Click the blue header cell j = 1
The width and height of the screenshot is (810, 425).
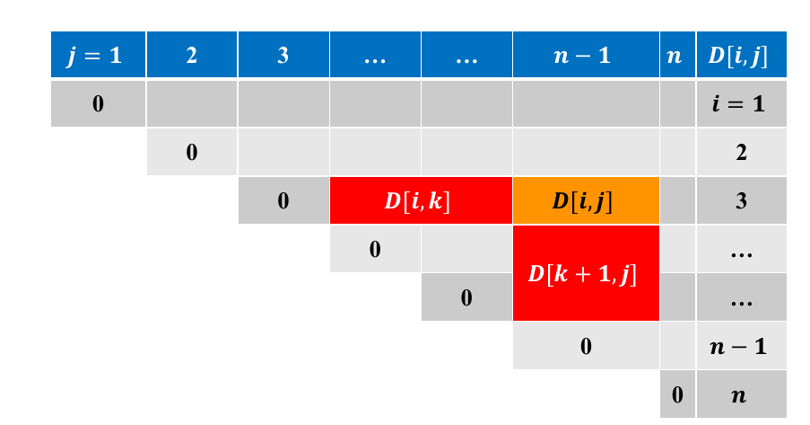98,54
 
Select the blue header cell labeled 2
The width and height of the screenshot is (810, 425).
192,54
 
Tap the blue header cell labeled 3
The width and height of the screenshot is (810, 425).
283,54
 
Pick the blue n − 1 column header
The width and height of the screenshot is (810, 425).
586,54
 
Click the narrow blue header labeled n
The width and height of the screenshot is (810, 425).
677,54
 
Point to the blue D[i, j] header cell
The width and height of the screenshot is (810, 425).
741,54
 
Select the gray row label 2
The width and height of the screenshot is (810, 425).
741,152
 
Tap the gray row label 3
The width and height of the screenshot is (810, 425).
741,200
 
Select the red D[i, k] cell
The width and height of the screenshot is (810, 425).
421,200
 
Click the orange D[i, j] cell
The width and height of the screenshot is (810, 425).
586,200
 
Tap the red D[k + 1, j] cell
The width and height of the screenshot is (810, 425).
586,273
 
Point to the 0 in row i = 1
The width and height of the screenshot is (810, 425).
98,103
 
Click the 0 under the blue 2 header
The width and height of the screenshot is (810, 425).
192,152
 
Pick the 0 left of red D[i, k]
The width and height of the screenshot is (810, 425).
283,200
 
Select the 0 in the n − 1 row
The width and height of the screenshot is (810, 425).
586,346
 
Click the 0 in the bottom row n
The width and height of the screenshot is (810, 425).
677,394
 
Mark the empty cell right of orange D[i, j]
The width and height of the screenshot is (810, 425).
677,200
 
